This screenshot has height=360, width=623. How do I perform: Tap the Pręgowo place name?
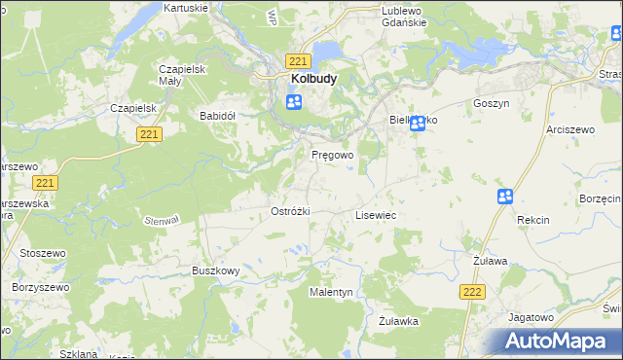click(332, 155)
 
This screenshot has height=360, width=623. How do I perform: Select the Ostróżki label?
click(289, 211)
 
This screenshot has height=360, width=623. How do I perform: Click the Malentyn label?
click(331, 292)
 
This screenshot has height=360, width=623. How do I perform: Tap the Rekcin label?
click(533, 220)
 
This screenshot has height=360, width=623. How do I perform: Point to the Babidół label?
click(218, 115)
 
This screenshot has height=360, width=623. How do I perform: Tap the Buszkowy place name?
click(215, 270)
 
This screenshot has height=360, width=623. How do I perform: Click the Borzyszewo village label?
click(37, 288)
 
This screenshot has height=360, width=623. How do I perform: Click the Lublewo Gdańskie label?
click(380, 16)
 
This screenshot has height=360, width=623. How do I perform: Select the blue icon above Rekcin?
click(505, 197)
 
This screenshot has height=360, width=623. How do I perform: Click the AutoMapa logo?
click(555, 342)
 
